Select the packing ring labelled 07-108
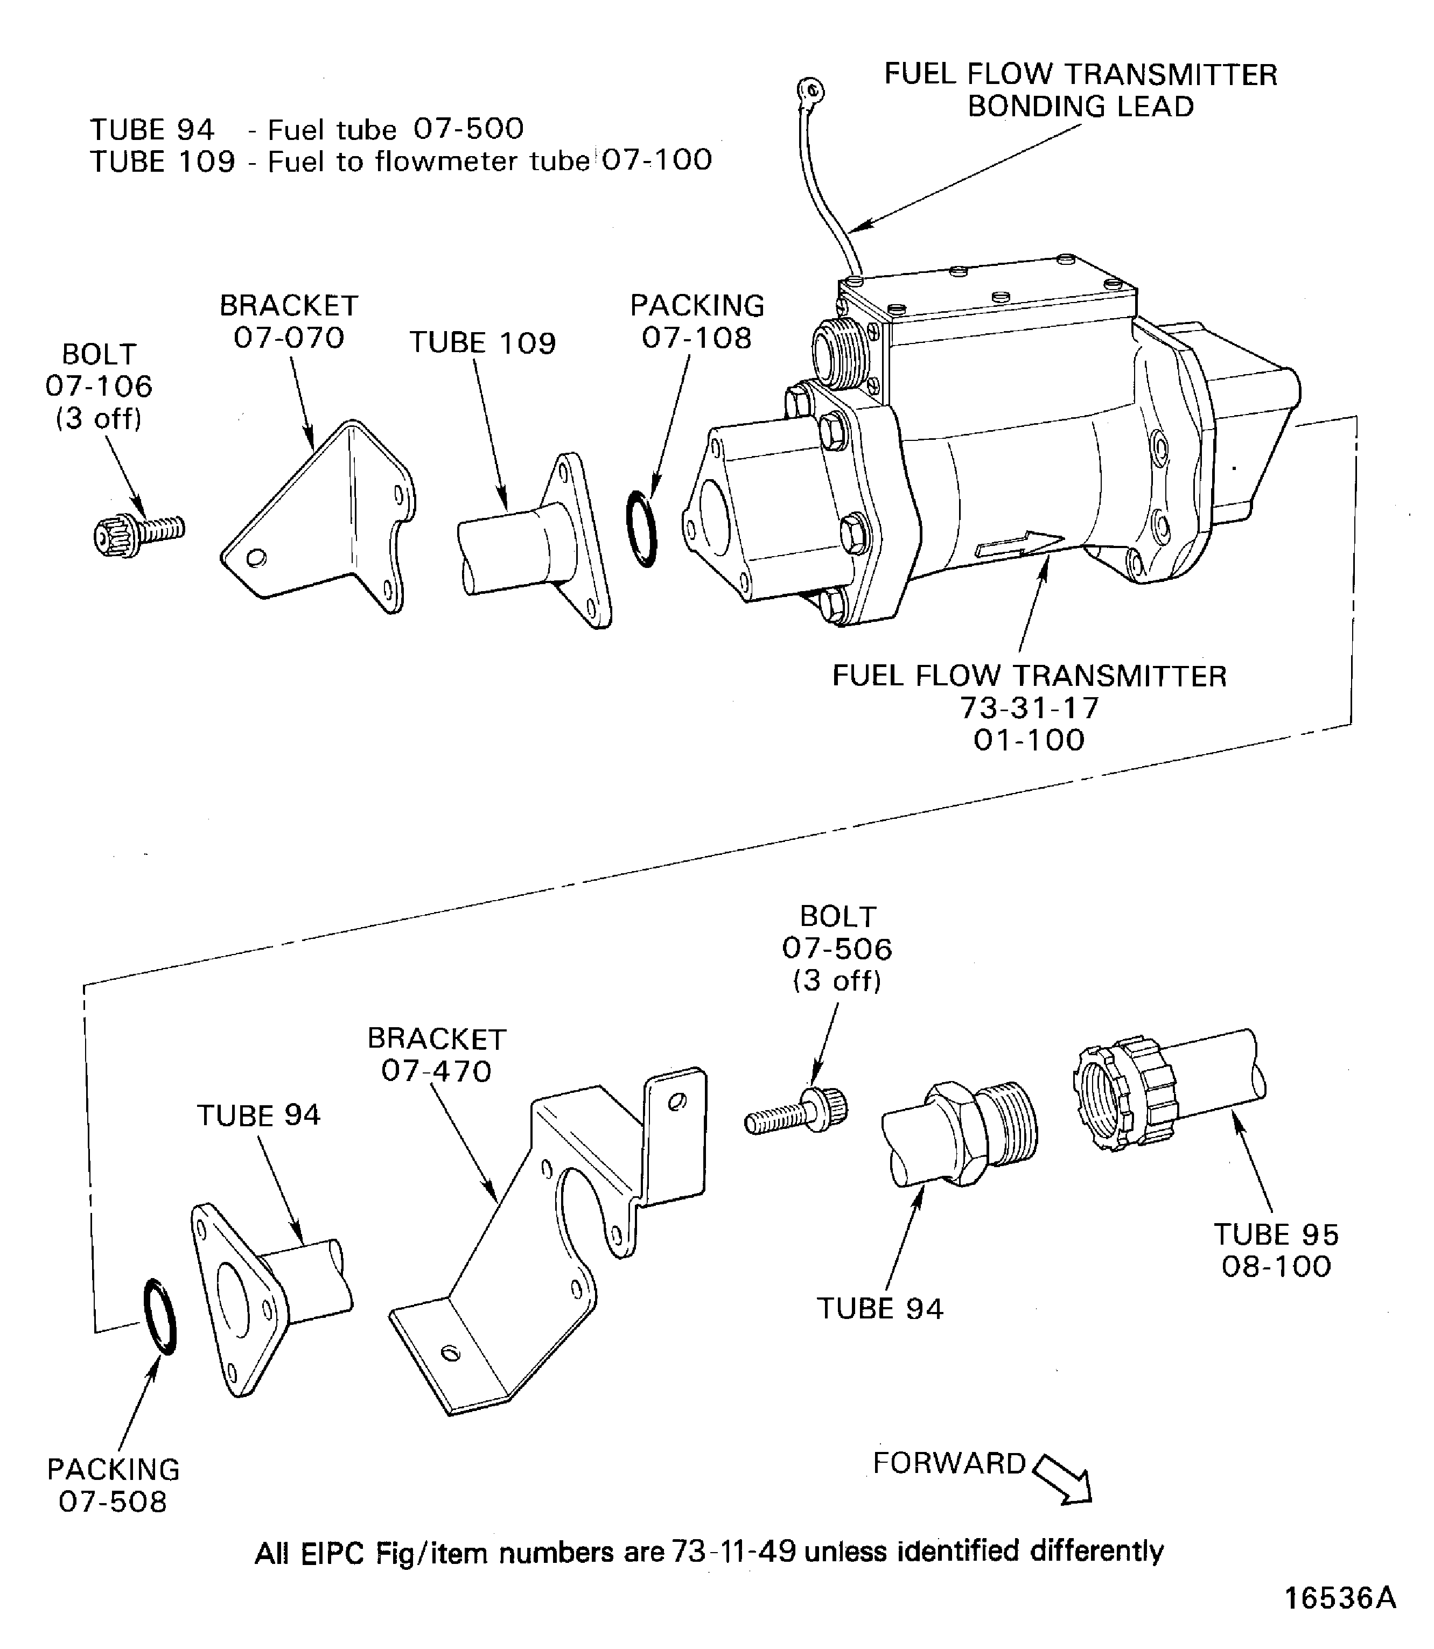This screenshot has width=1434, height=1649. (642, 529)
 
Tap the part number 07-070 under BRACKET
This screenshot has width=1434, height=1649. (289, 338)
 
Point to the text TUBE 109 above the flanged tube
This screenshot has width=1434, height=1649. (482, 342)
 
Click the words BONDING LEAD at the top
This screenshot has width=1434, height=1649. (1080, 107)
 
